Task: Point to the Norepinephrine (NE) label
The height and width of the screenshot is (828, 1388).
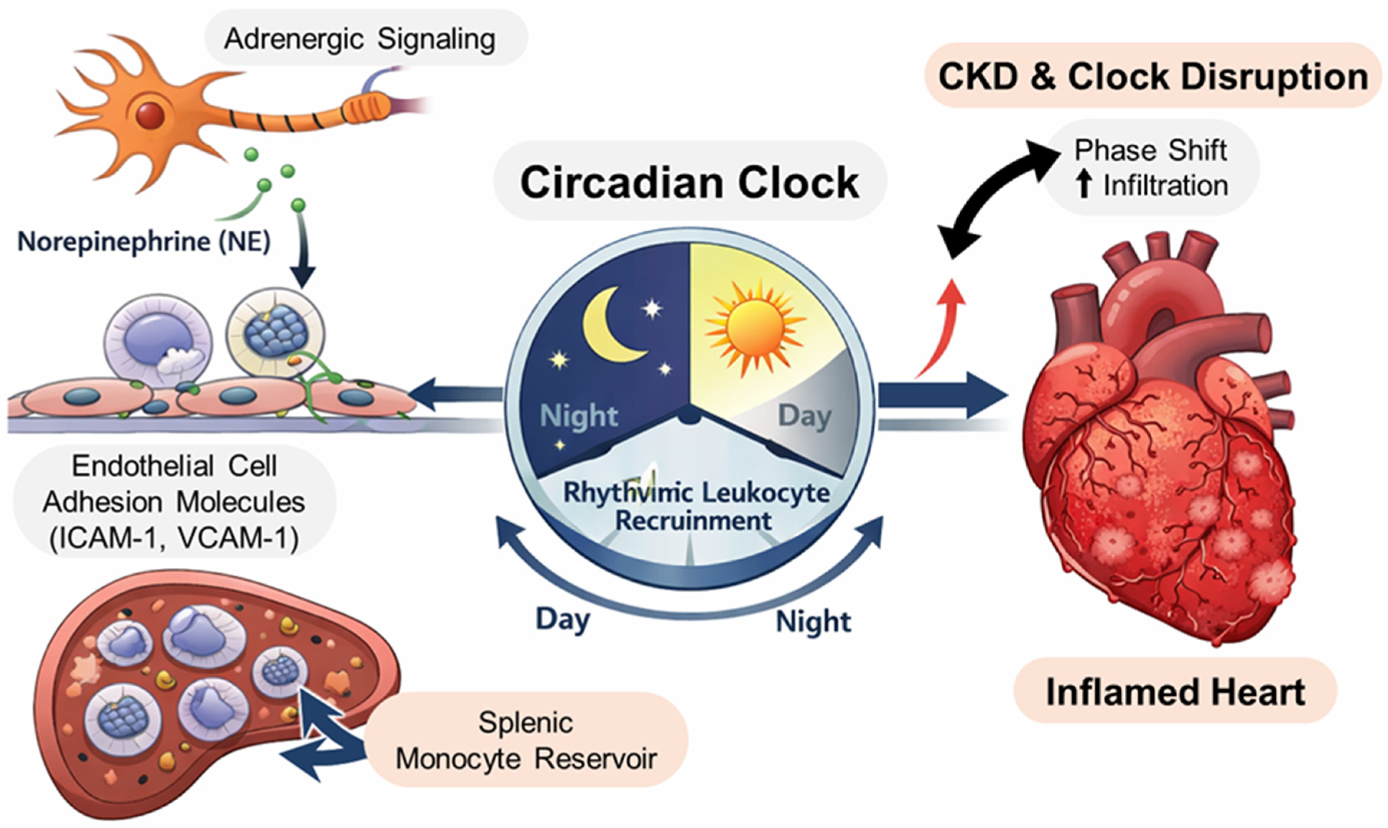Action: pyautogui.click(x=144, y=242)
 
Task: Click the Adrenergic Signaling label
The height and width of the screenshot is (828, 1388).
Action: pyautogui.click(x=360, y=39)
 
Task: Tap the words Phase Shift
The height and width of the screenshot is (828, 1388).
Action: pyautogui.click(x=1151, y=150)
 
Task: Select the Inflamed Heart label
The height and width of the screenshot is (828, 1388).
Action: pyautogui.click(x=1175, y=692)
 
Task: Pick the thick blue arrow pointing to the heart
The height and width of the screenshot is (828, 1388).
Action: pyautogui.click(x=942, y=395)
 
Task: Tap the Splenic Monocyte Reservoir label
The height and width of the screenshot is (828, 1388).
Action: pyautogui.click(x=526, y=741)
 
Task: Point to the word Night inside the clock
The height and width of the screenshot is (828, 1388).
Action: pyautogui.click(x=579, y=416)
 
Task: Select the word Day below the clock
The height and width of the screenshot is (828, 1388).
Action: pyautogui.click(x=562, y=619)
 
